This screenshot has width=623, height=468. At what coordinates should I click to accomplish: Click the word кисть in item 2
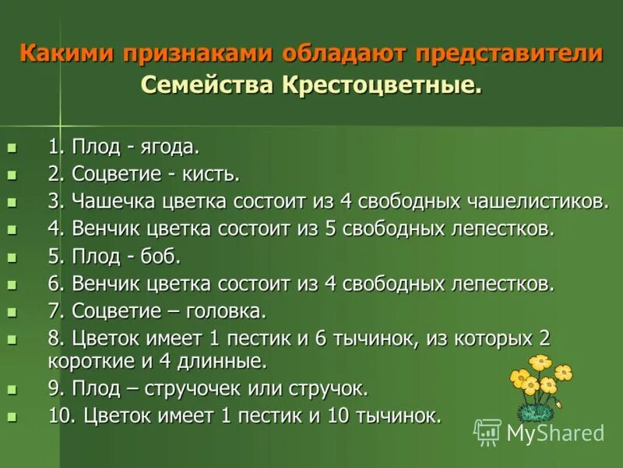(x=213, y=174)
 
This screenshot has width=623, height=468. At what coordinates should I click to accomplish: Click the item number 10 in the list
(x=59, y=416)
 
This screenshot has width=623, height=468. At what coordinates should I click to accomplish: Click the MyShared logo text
(x=555, y=433)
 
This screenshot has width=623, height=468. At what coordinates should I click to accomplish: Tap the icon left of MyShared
(x=487, y=431)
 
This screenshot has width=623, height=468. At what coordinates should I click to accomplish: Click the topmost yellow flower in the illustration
(x=539, y=362)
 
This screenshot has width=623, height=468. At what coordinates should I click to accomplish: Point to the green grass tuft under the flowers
(x=537, y=411)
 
